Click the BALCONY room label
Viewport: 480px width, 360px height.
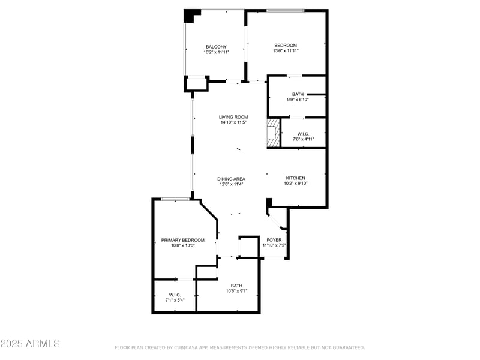[x=216, y=47]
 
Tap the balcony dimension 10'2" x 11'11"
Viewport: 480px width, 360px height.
[x=216, y=53]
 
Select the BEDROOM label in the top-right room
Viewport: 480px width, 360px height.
[x=286, y=46]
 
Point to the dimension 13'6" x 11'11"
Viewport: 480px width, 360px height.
[x=286, y=52]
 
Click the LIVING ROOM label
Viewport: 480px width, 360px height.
[x=233, y=117]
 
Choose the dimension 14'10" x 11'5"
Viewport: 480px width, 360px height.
[x=233, y=122]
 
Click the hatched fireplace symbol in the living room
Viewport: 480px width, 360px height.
[x=274, y=132]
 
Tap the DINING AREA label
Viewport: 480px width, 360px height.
[x=231, y=179]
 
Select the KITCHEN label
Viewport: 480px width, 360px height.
[x=296, y=178]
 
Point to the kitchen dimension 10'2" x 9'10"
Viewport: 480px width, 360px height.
[x=296, y=184]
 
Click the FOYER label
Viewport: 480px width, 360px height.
[x=274, y=240]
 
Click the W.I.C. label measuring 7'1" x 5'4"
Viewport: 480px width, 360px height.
[x=175, y=295]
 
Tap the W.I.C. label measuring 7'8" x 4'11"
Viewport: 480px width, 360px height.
[x=303, y=134]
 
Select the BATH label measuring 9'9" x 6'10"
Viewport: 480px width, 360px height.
[x=298, y=94]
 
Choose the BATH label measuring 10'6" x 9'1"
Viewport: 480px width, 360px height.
[x=236, y=286]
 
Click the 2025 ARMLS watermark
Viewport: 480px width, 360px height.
[x=30, y=344]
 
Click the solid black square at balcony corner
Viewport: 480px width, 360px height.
[x=190, y=16]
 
